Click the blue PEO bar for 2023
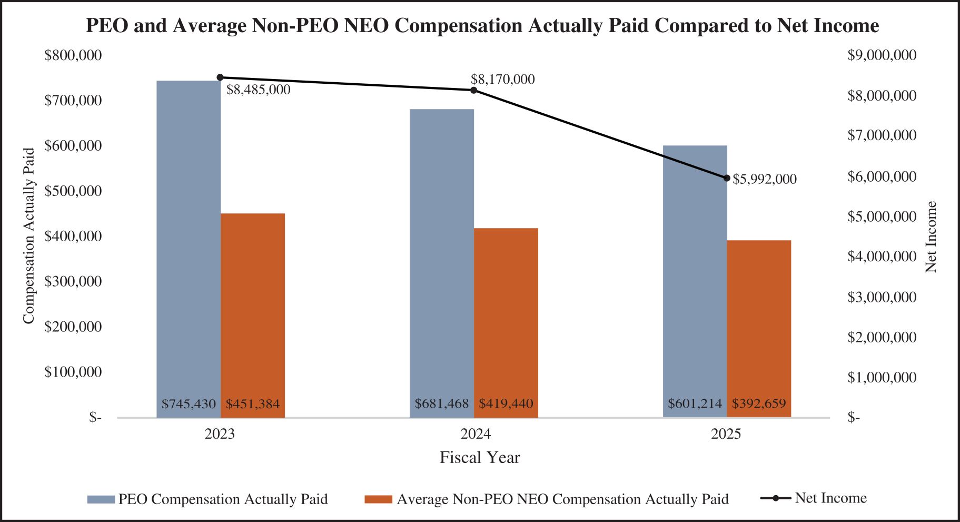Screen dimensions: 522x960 189,248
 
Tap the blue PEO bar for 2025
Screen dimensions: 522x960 695,279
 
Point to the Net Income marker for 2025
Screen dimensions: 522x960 727,178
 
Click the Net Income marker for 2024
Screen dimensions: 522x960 473,90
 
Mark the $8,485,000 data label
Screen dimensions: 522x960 258,90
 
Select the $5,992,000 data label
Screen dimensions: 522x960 765,179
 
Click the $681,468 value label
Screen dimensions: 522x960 441,404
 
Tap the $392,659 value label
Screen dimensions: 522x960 759,404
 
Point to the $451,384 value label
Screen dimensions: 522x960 253,404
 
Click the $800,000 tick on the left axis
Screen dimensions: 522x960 73,55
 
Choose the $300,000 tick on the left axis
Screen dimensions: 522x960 73,281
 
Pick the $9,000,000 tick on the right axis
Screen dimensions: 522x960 882,55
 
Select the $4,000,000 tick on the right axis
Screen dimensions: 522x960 882,257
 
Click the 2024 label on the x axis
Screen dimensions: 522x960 476,434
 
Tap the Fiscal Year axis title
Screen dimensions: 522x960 480,458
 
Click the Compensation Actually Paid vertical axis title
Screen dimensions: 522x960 28,235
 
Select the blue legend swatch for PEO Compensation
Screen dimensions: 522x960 101,499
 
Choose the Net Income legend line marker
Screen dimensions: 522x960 776,498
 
